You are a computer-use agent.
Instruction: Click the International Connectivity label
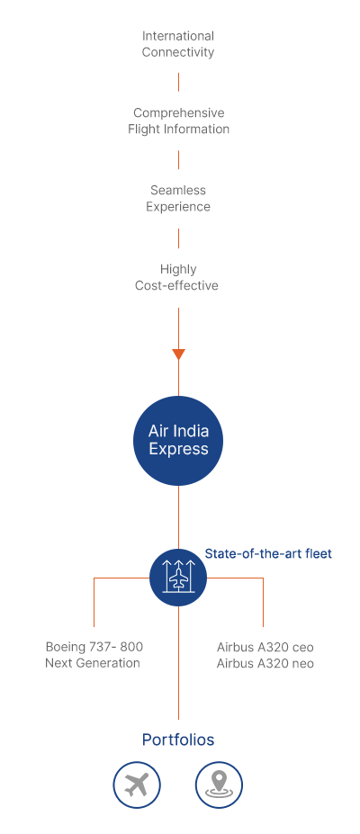(x=178, y=44)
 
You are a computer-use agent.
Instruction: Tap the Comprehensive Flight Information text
(x=178, y=121)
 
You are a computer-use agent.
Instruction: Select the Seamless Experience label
(x=178, y=198)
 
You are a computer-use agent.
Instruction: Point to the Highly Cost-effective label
(x=177, y=277)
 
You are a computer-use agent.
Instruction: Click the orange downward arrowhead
(x=178, y=354)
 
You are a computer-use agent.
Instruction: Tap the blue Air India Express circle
(x=178, y=441)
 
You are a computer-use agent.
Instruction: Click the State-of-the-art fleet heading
(x=268, y=553)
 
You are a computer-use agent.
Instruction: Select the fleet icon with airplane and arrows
(x=178, y=578)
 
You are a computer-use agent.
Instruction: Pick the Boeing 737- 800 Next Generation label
(x=94, y=655)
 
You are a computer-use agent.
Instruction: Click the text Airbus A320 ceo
(x=265, y=647)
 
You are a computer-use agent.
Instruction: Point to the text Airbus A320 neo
(x=265, y=663)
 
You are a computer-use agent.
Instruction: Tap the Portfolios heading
(x=178, y=740)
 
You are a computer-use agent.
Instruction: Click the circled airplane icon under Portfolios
(x=137, y=785)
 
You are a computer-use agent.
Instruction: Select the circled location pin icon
(x=219, y=785)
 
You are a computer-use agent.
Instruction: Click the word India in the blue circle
(x=191, y=430)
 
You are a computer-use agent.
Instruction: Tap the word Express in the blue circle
(x=178, y=450)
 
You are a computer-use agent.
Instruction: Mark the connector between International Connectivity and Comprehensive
(x=178, y=83)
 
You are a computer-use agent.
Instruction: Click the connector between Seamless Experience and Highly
(x=178, y=238)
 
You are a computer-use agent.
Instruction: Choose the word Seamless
(x=178, y=190)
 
